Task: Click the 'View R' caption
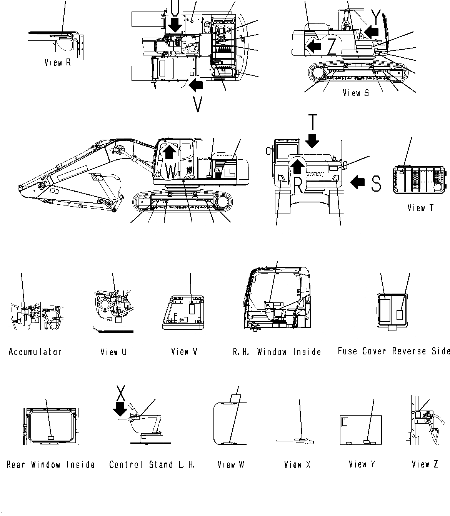pos(58,62)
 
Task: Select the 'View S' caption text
pos(356,93)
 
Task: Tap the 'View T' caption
pos(420,208)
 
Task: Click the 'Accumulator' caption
pos(35,352)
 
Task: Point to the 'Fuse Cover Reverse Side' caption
pos(393,351)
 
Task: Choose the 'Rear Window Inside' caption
pos(50,464)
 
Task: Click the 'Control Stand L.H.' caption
pos(152,464)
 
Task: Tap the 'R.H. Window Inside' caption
pos(277,352)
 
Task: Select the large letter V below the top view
pos(198,104)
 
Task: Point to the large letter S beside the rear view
pos(376,183)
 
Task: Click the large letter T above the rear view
pos(313,123)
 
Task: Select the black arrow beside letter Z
pos(313,47)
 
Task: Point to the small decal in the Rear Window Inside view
pos(50,438)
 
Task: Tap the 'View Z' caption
pos(425,464)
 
